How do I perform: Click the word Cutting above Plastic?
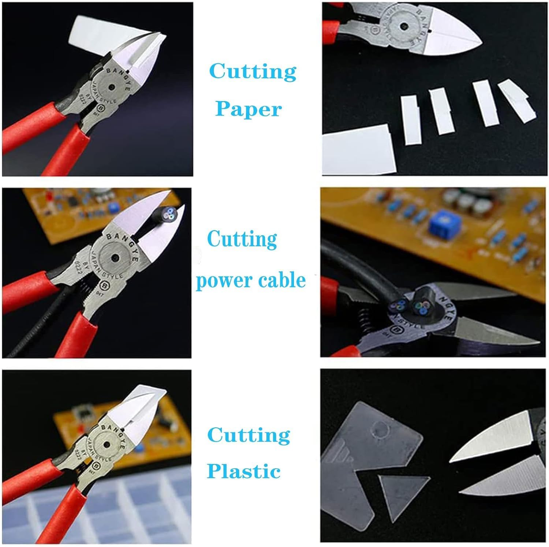coord(249,435)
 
